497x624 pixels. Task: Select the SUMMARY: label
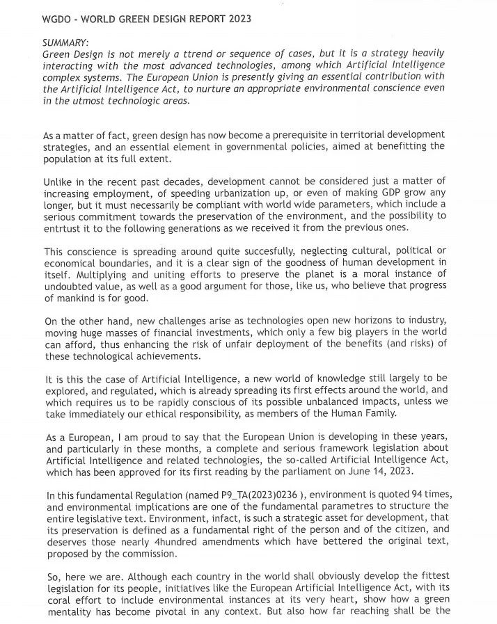[x=65, y=42]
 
